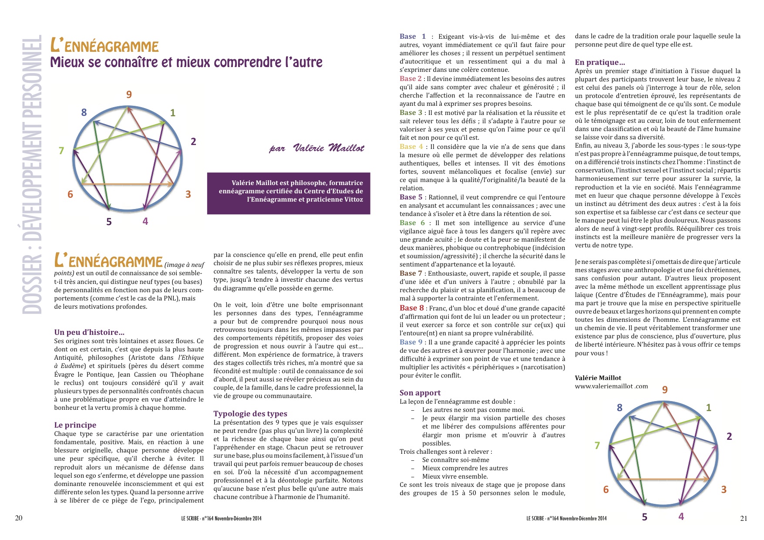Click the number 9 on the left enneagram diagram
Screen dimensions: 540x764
tap(129, 94)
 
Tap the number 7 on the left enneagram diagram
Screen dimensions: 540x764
tap(61, 151)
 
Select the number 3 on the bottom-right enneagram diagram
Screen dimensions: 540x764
tap(724, 489)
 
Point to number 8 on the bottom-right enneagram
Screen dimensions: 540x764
tap(619, 408)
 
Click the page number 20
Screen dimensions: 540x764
tap(19, 518)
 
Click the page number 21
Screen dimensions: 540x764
tap(744, 518)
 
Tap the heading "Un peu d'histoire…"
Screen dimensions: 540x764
tap(89, 332)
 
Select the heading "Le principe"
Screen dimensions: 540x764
tap(75, 425)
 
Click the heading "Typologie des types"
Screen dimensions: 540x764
tap(250, 413)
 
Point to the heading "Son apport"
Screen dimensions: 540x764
tap(420, 392)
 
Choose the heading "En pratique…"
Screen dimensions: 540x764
tap(600, 62)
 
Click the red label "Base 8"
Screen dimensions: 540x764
tap(411, 308)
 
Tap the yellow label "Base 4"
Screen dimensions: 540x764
tap(411, 146)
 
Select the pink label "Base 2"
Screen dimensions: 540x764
tap(411, 78)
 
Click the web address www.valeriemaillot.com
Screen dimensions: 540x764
tap(611, 386)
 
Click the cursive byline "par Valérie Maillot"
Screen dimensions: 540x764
tap(316, 148)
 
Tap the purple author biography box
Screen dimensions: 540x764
tap(289, 193)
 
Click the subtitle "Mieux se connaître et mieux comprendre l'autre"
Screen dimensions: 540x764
tap(186, 62)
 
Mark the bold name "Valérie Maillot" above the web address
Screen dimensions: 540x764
tap(598, 378)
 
